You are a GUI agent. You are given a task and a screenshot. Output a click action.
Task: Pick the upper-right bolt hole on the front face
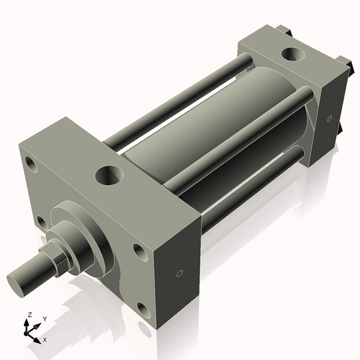[138, 251]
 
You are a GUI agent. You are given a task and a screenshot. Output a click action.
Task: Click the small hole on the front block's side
[179, 273]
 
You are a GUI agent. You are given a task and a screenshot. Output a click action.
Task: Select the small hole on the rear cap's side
[329, 119]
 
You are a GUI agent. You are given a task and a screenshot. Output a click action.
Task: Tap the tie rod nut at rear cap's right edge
[354, 71]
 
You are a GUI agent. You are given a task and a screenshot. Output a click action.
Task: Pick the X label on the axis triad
[45, 338]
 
